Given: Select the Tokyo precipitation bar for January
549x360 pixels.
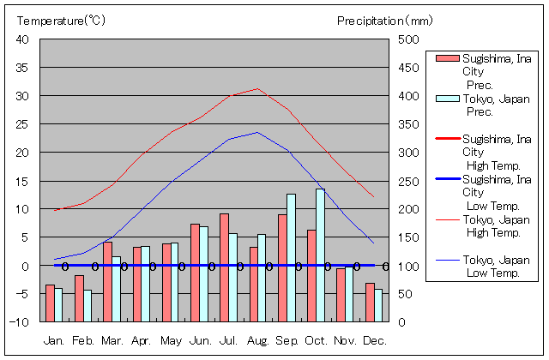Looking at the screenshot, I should [58, 304].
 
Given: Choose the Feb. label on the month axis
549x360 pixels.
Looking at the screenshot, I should [83, 340].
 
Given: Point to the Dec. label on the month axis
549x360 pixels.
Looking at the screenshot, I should [374, 340].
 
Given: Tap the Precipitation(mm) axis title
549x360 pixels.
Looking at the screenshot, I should [385, 20].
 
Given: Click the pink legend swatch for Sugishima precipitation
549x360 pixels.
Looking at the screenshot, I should [448, 58].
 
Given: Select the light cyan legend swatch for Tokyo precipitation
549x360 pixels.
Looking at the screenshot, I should [448, 99].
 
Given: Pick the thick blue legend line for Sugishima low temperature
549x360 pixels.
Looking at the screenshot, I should [448, 178].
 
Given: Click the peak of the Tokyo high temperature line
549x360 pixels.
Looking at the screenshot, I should [257, 88].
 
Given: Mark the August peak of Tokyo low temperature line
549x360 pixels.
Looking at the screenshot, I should [257, 132].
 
